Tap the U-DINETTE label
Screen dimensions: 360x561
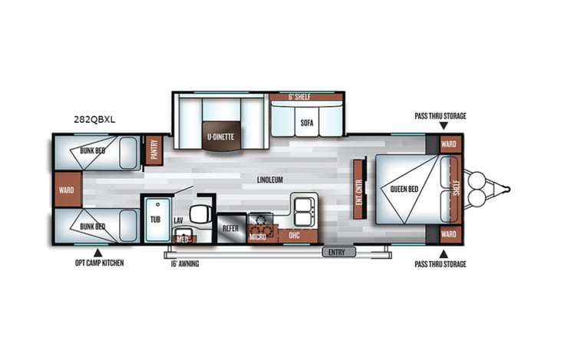point(220,137)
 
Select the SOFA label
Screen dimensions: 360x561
point(306,122)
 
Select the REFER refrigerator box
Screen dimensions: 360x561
point(230,228)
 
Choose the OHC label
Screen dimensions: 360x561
point(294,235)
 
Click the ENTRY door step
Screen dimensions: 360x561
point(335,252)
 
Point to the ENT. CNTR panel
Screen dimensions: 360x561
point(358,185)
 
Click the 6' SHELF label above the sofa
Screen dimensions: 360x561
point(298,97)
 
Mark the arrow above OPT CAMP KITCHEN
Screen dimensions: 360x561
point(97,252)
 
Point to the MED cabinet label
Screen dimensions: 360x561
point(183,239)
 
